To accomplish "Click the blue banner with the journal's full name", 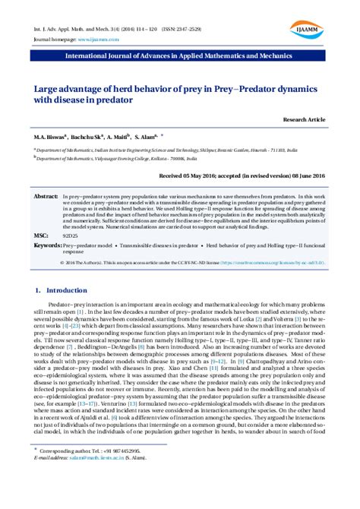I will click(x=180, y=55).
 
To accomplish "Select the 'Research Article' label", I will click(x=304, y=121).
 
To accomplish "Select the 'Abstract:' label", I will click(x=46, y=196).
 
